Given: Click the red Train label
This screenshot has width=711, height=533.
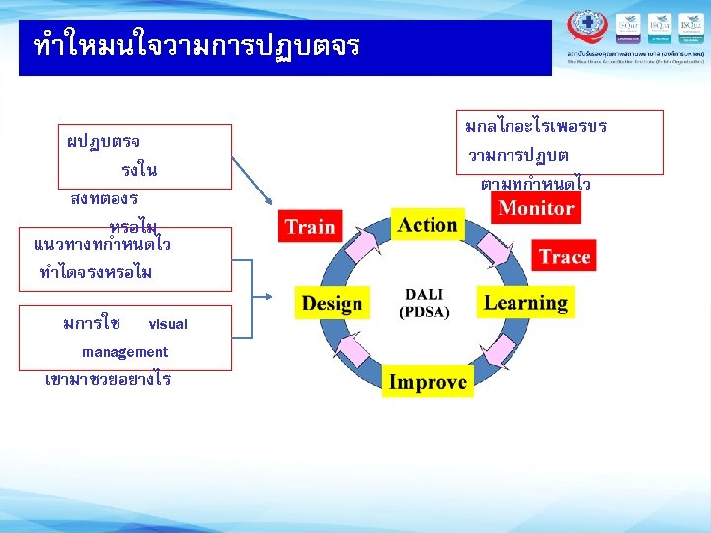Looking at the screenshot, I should (310, 226).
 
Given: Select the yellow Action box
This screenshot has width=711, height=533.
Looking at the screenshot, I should (427, 225).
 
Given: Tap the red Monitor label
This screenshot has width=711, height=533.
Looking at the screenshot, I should (535, 208).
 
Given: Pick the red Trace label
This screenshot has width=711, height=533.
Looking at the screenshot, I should (564, 257).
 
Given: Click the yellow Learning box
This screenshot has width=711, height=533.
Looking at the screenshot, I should (525, 303).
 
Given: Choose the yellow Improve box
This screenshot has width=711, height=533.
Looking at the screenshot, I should (427, 382).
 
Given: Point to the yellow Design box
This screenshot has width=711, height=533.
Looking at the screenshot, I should (332, 303).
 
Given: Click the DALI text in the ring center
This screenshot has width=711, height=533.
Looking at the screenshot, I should (425, 294).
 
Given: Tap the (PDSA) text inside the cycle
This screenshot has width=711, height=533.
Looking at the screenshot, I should (425, 312).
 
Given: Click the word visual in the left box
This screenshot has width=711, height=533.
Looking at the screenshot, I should (167, 324).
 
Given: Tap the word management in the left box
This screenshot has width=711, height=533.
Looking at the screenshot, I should (124, 352).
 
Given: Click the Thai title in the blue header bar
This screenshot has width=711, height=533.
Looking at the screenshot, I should (197, 46).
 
